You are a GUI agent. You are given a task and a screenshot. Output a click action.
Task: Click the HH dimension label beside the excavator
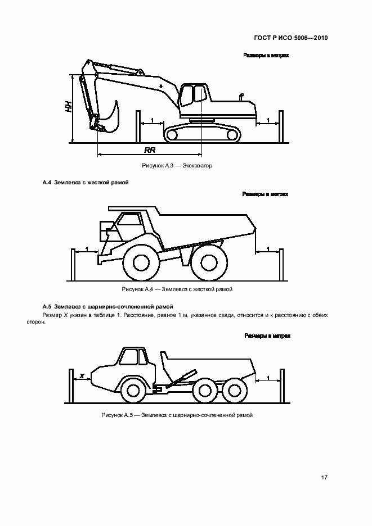pos(68,106)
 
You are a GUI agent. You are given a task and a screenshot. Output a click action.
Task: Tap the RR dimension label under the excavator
pos(150,150)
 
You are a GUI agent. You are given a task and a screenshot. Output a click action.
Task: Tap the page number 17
pos(325,478)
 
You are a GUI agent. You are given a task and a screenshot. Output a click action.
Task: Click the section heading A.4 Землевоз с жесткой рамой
pos(86,183)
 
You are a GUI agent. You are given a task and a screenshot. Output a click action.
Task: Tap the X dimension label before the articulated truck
pos(82,375)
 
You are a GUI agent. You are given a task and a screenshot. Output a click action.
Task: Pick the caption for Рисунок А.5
pos(177,415)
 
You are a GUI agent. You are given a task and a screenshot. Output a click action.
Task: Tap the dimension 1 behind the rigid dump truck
pos(267,248)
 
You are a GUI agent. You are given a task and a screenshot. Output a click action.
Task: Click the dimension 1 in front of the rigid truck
pos(86,248)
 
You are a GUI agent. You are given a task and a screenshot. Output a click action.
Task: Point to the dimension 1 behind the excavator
pos(268,120)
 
